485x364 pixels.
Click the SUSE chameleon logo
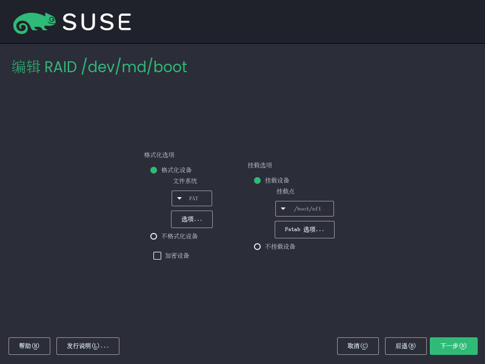[34, 23]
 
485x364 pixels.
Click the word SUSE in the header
[97, 22]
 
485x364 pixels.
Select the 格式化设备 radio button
[153, 170]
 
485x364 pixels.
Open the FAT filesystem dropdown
[192, 198]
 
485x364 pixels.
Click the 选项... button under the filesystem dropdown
[192, 219]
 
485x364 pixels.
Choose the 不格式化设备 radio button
[153, 236]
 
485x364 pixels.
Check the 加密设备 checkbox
[157, 255]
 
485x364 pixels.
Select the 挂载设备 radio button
[257, 180]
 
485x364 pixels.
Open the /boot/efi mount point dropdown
[304, 209]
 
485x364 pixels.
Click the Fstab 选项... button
[304, 229]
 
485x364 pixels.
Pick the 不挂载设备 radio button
[257, 247]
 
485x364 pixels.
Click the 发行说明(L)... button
[88, 346]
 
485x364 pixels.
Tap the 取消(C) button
[358, 346]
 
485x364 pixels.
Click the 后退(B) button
[406, 346]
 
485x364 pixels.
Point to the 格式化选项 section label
[159, 155]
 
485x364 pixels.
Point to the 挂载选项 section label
[260, 165]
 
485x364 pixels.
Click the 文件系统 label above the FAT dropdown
[185, 181]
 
